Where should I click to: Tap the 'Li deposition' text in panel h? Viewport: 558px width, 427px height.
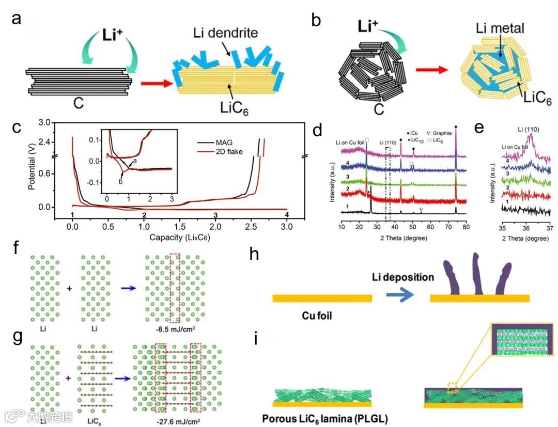(404, 277)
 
